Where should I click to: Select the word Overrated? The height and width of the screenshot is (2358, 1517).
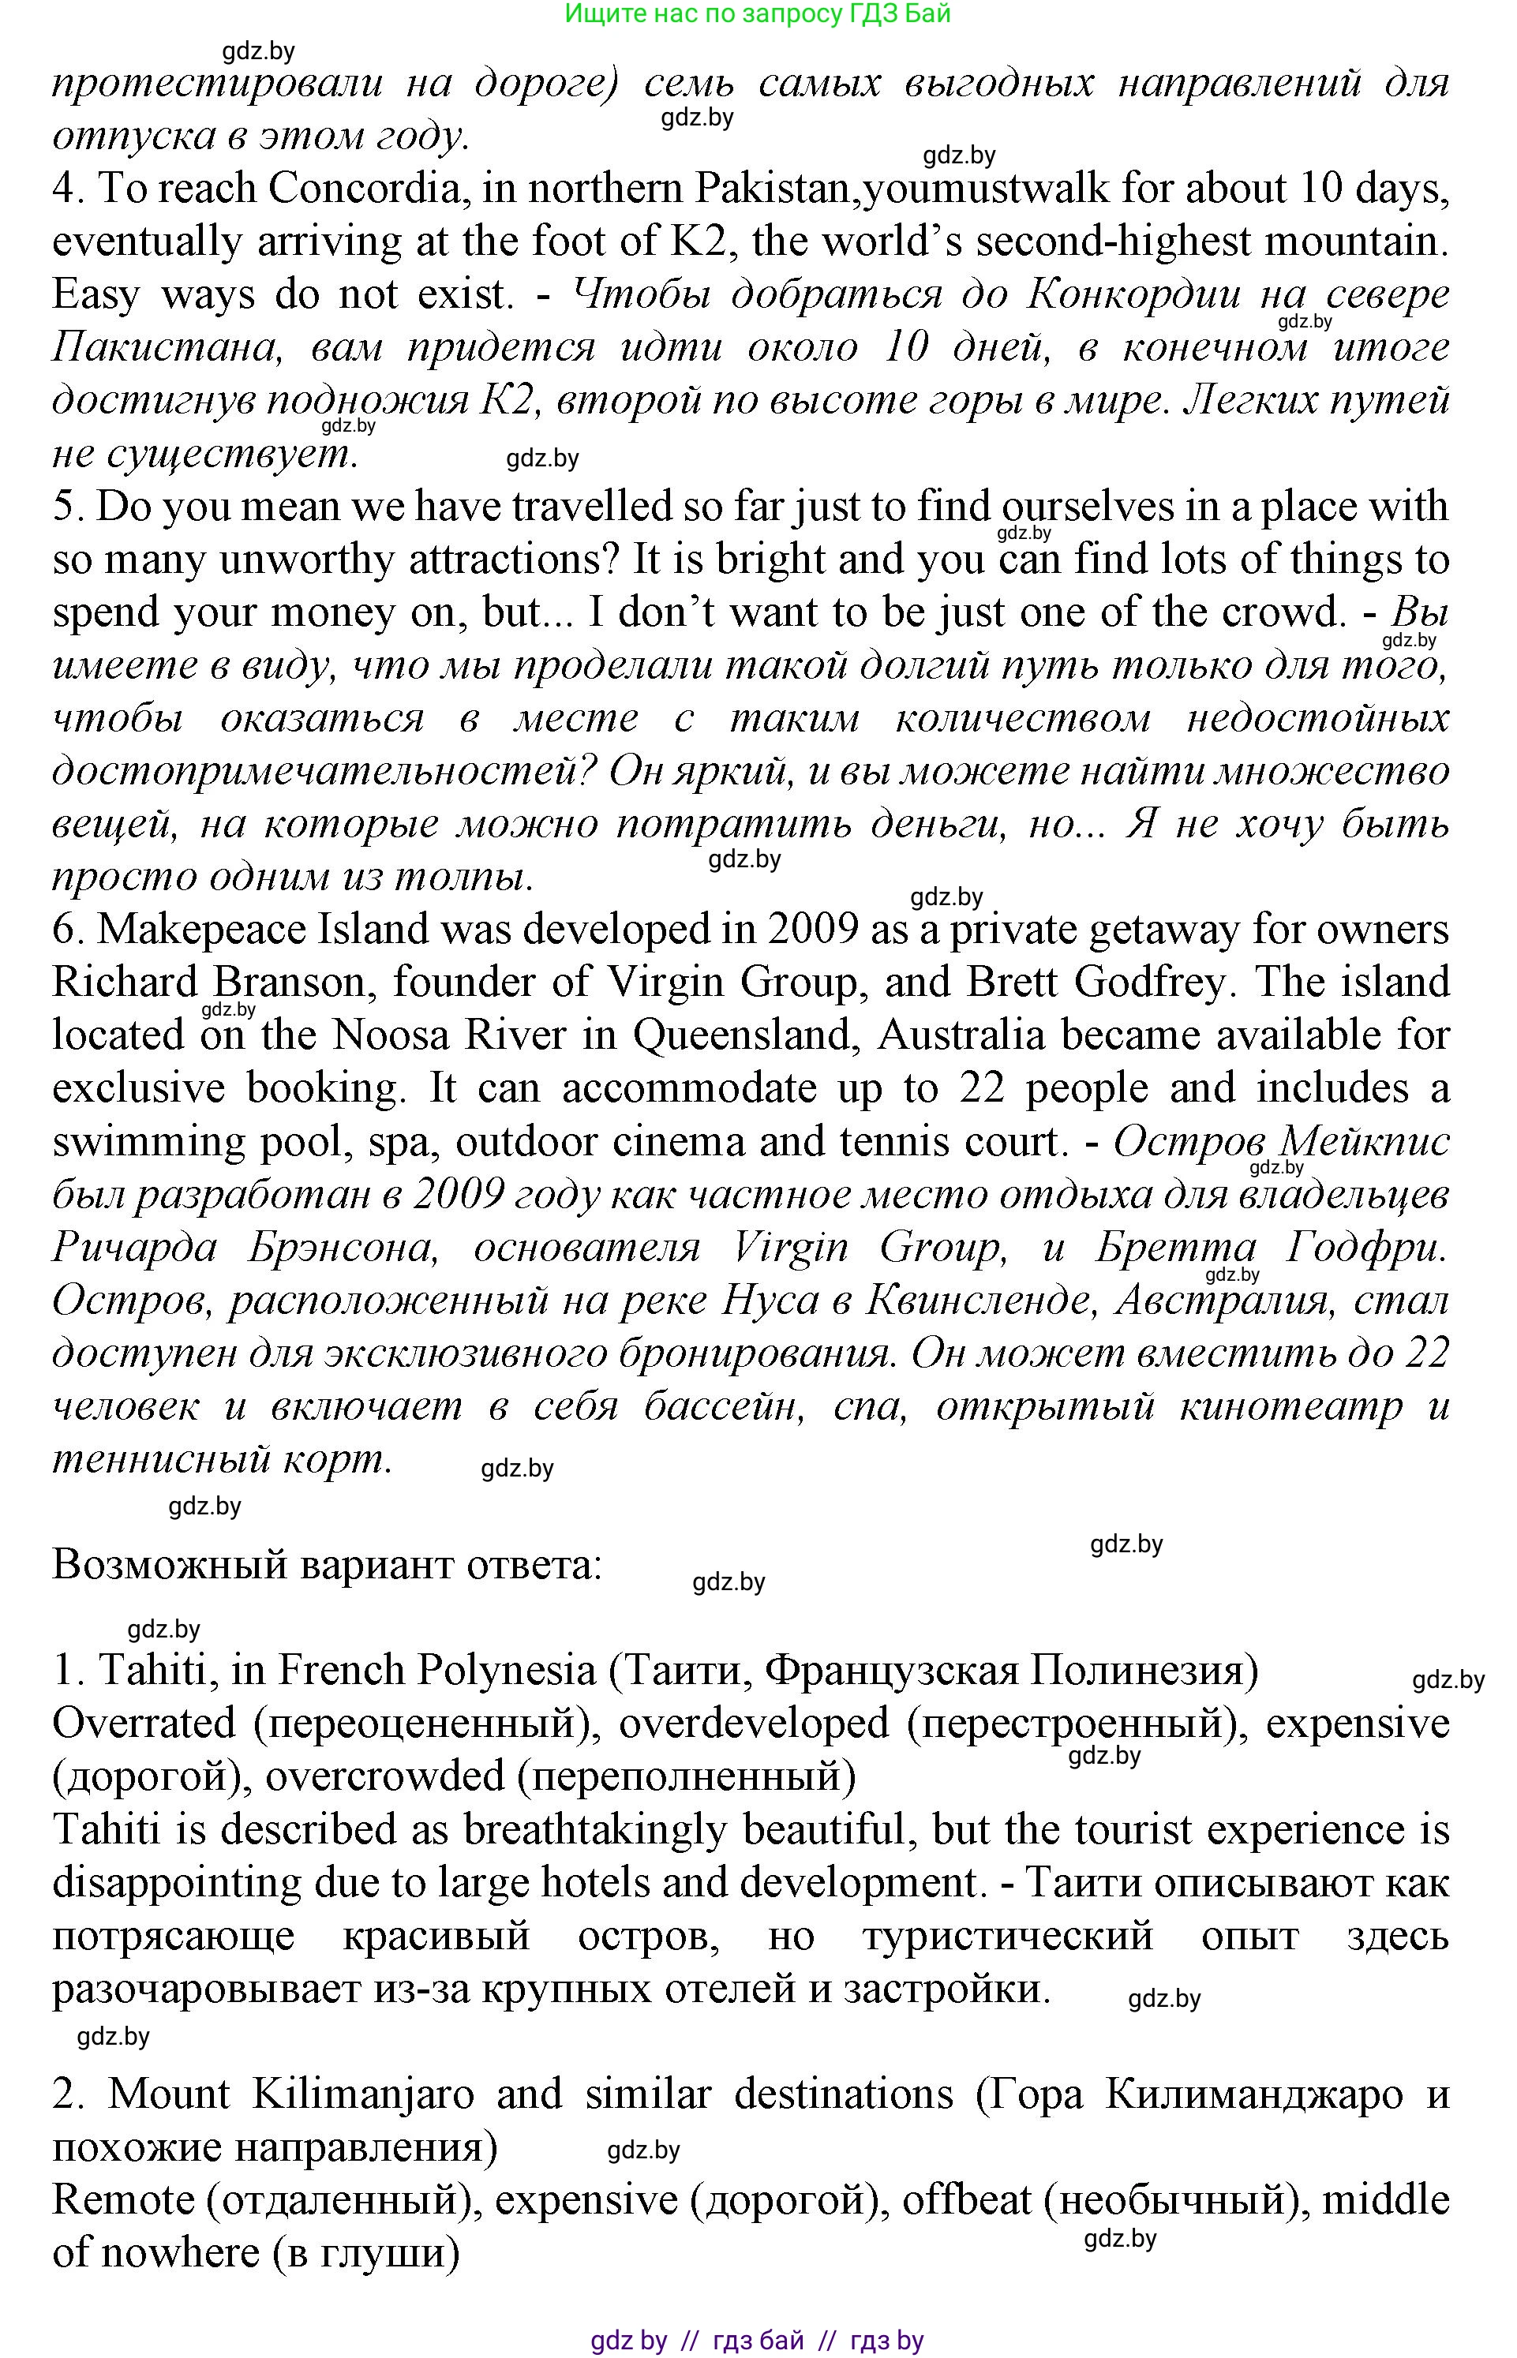[144, 1724]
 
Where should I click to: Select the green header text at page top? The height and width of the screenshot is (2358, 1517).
[758, 13]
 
